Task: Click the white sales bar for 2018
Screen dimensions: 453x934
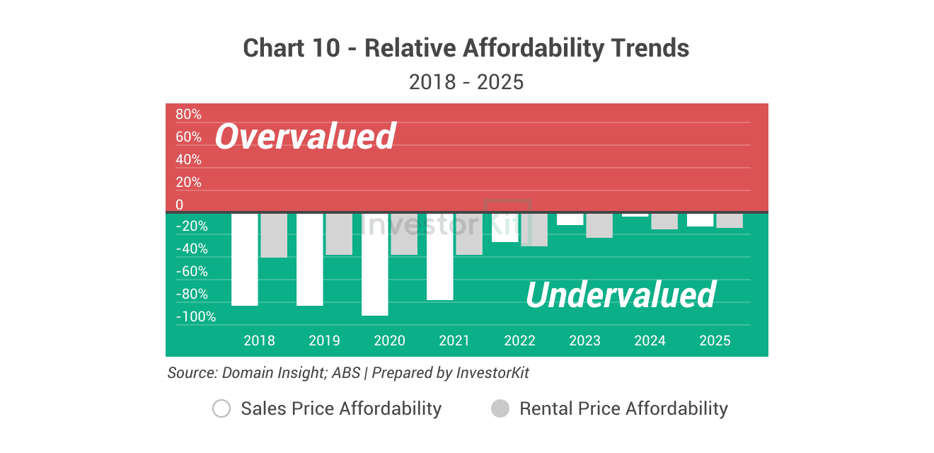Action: (x=246, y=259)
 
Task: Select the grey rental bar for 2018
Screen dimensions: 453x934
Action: (x=274, y=235)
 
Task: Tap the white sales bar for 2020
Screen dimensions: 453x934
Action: (x=375, y=264)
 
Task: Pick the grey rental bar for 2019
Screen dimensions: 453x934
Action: (x=339, y=234)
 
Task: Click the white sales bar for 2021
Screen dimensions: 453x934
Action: (x=440, y=256)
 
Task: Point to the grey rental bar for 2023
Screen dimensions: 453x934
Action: (x=599, y=225)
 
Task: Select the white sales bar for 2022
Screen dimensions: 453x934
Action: (x=505, y=227)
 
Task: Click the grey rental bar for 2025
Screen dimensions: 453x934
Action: (x=730, y=220)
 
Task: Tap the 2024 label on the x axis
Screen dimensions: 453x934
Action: (x=650, y=340)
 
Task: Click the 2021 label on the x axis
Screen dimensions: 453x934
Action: (x=454, y=340)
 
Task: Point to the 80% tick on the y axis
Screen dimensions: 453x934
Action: (x=188, y=115)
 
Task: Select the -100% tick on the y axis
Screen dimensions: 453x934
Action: (x=195, y=316)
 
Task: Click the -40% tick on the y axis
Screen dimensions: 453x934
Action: (x=191, y=249)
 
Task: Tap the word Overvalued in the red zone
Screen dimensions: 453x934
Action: (x=305, y=136)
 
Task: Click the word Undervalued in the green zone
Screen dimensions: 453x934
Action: (x=621, y=294)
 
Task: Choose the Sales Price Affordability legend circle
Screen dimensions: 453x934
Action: (x=221, y=408)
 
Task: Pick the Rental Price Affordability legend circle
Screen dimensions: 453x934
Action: (x=500, y=408)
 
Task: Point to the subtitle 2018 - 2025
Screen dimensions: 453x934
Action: (x=466, y=82)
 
